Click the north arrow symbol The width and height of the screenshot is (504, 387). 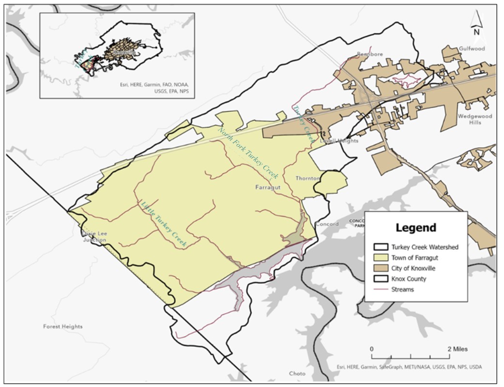pyautogui.click(x=476, y=24)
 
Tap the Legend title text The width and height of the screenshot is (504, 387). pyautogui.click(x=415, y=228)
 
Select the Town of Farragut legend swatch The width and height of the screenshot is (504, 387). pyautogui.click(x=380, y=258)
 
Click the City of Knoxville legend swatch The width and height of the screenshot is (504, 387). pyautogui.click(x=380, y=268)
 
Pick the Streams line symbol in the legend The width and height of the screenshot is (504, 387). pyautogui.click(x=380, y=290)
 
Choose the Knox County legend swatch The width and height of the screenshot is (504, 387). pyautogui.click(x=380, y=279)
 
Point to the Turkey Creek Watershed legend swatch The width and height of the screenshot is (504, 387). pyautogui.click(x=380, y=247)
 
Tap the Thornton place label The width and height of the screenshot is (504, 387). pyautogui.click(x=308, y=178)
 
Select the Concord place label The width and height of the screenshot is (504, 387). pyautogui.click(x=327, y=224)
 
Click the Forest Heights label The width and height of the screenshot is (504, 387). pyautogui.click(x=63, y=326)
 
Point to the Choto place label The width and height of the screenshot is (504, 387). pyautogui.click(x=297, y=373)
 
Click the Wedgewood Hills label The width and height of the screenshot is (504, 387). pyautogui.click(x=474, y=119)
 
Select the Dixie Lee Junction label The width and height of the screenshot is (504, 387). pyautogui.click(x=94, y=236)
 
